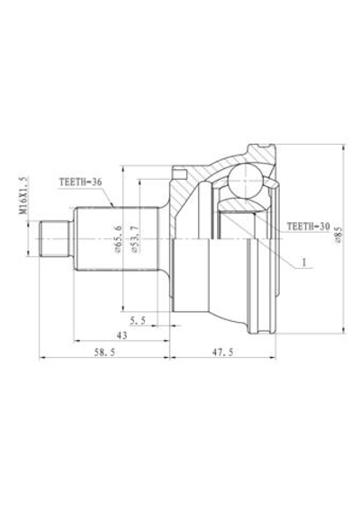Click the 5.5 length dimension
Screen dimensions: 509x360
coord(138,320)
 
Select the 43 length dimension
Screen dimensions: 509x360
coord(121,335)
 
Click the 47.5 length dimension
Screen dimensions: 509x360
coord(237,354)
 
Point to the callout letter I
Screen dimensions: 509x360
coord(304,263)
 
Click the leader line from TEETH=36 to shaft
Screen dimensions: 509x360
coord(105,197)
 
